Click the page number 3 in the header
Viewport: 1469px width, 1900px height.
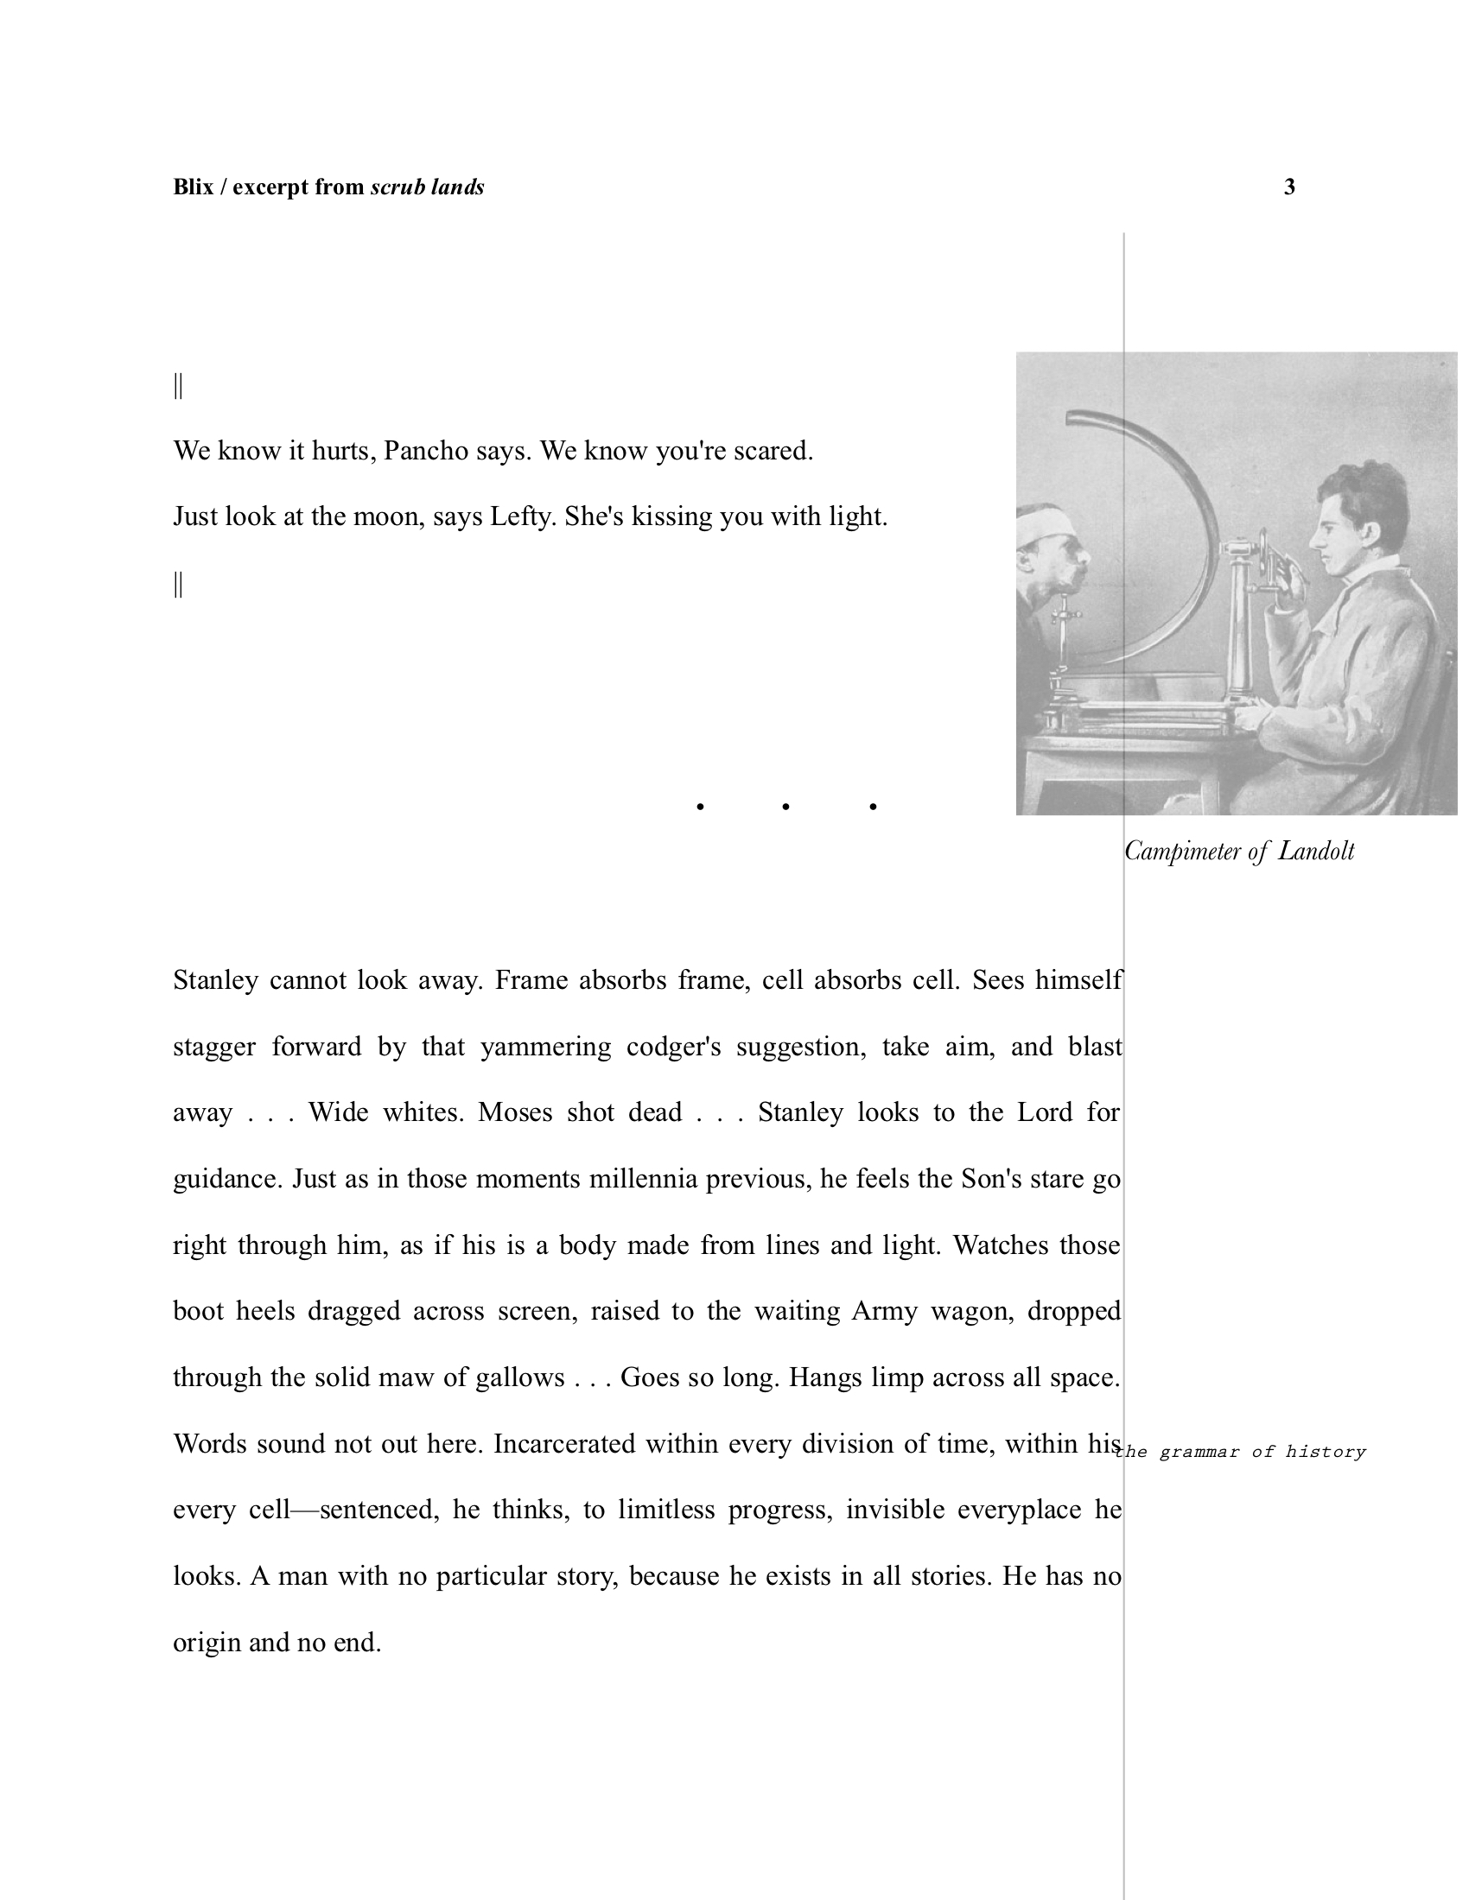click(1289, 187)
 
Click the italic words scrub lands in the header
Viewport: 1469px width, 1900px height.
click(426, 187)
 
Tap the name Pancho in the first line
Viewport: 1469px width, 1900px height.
click(425, 452)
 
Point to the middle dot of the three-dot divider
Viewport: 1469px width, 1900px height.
click(785, 807)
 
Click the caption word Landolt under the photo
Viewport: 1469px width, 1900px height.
click(1316, 851)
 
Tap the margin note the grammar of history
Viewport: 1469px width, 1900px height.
click(1242, 1452)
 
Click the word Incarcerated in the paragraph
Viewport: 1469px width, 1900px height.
click(564, 1444)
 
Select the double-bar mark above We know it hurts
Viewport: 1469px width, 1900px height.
click(178, 385)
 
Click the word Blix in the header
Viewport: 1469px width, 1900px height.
click(194, 187)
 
